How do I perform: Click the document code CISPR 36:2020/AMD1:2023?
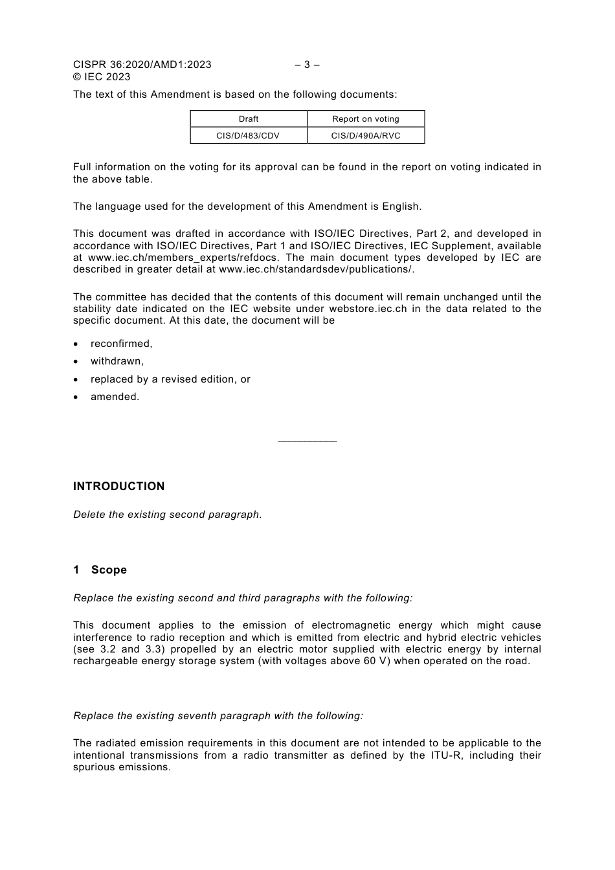142,65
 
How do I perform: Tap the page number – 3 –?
307,65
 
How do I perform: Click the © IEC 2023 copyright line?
102,77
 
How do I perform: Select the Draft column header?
249,119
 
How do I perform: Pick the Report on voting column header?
366,119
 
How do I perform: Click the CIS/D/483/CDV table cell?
249,136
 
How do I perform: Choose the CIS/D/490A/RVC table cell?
366,136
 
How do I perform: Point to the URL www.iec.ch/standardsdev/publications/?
316,269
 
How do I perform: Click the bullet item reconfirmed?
121,344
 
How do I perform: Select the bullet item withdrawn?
117,361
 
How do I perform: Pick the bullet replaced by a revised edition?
170,379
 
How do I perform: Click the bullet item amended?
115,397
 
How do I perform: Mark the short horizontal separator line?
307,441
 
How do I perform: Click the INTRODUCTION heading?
118,486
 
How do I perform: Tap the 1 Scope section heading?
100,570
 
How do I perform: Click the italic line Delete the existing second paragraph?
168,515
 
